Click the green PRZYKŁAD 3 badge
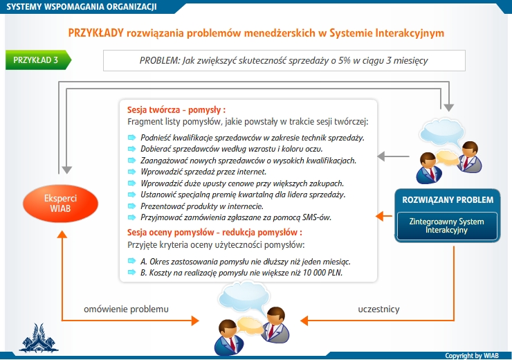click(38, 60)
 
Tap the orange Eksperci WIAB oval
click(60, 204)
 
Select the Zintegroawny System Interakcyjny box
click(447, 226)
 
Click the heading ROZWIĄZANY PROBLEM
click(448, 200)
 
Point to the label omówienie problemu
click(126, 309)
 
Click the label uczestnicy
click(378, 309)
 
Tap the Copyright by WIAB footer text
click(471, 355)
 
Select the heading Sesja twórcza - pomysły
click(176, 110)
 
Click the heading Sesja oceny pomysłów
click(170, 232)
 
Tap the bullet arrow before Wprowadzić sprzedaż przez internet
click(131, 172)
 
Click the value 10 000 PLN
click(322, 273)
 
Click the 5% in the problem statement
click(344, 60)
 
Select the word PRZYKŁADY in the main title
click(95, 33)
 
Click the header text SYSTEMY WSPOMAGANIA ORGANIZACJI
click(82, 6)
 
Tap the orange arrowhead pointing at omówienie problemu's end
click(195, 321)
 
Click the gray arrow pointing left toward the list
click(393, 156)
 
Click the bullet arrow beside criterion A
click(131, 261)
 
